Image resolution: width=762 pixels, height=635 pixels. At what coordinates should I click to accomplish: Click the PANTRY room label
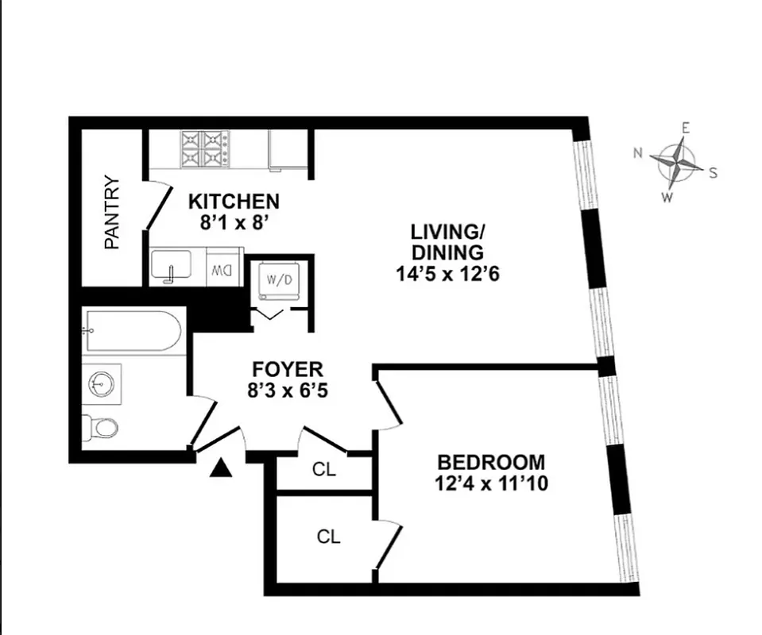[113, 213]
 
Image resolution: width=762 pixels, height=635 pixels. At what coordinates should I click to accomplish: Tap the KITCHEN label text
[233, 202]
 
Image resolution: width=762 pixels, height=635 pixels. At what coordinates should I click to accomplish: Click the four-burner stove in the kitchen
[204, 148]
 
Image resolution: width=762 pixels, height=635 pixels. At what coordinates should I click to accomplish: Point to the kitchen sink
[171, 267]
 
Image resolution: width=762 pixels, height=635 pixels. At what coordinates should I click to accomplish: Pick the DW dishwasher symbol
[220, 269]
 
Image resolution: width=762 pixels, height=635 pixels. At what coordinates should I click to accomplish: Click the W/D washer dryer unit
[278, 281]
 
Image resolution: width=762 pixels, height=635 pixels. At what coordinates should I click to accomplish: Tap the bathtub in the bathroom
[133, 332]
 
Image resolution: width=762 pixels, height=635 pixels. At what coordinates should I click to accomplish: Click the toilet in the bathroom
[103, 427]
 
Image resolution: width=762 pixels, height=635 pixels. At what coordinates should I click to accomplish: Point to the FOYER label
[288, 369]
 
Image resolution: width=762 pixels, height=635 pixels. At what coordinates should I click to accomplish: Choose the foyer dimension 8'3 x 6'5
[288, 390]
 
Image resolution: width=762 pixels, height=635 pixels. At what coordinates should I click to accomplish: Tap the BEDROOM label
[492, 462]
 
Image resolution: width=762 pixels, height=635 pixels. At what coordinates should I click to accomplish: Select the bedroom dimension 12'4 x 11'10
[492, 482]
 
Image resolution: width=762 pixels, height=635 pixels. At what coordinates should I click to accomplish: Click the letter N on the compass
[638, 153]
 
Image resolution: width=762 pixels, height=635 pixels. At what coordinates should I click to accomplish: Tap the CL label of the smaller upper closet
[324, 469]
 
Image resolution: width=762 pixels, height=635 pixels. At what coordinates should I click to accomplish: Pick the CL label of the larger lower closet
[328, 537]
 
